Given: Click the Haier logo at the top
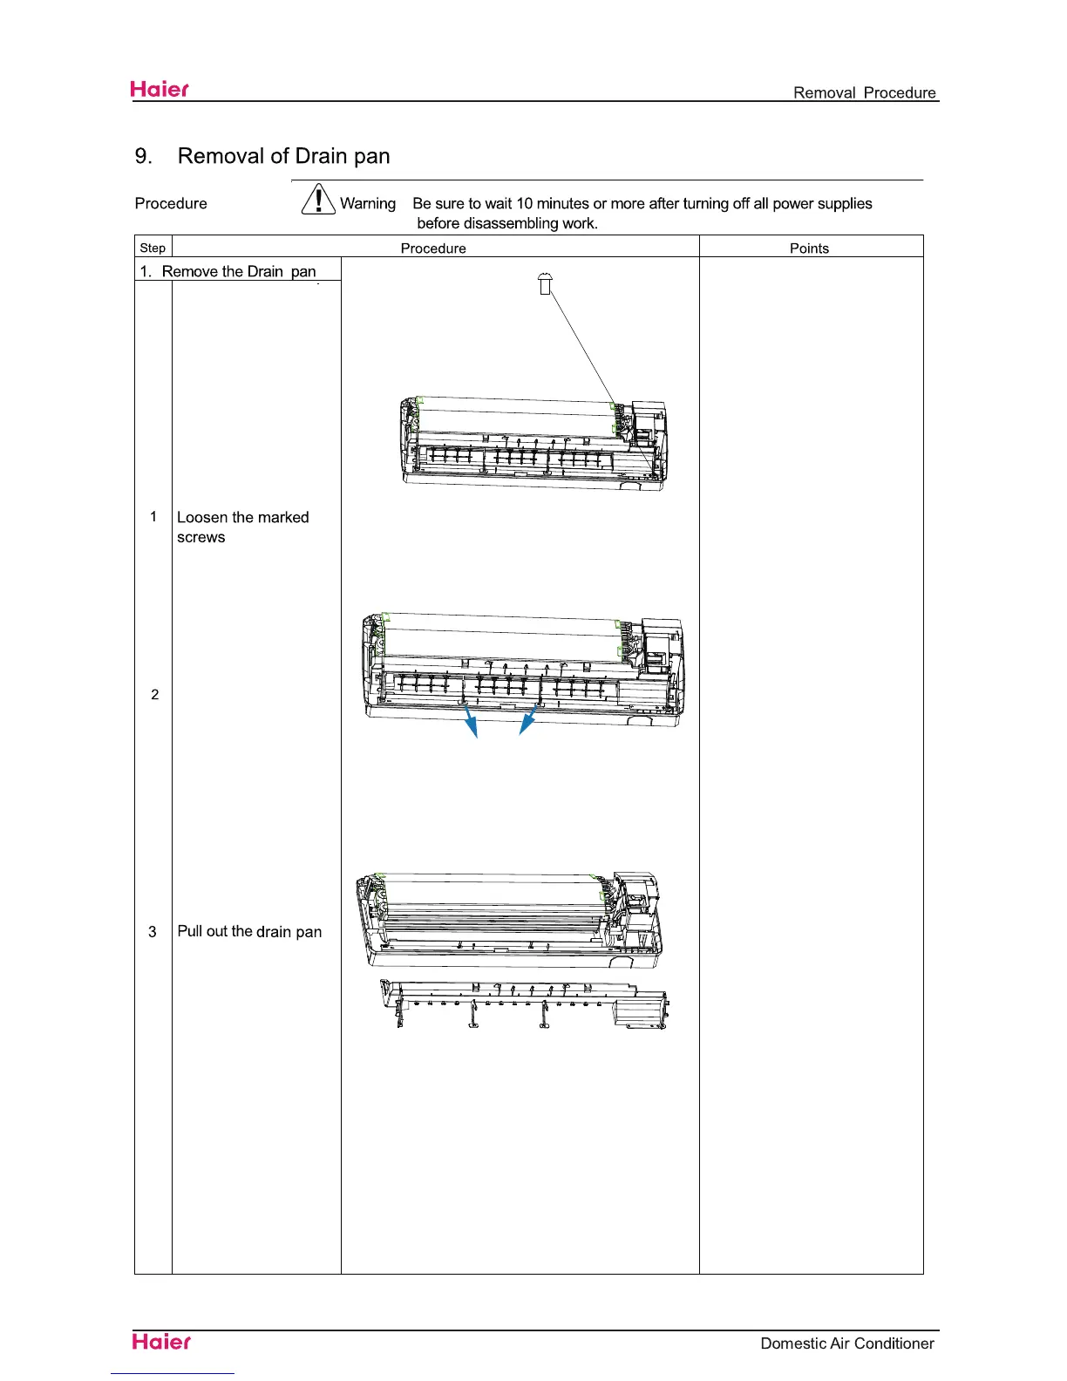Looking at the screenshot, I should (x=160, y=89).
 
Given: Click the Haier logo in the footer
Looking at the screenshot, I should (x=161, y=1342).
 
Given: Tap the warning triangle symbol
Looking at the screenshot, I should (x=319, y=200).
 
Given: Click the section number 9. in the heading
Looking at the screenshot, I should (x=144, y=156).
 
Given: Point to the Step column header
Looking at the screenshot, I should (x=153, y=248).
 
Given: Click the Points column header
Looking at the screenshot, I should (x=809, y=248).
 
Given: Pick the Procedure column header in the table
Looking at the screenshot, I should (x=433, y=248).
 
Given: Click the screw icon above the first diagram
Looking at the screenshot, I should (x=546, y=283).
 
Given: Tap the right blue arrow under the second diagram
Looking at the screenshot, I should (x=526, y=722).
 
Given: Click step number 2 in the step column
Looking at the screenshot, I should (x=155, y=695).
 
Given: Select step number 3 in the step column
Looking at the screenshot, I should (x=153, y=932).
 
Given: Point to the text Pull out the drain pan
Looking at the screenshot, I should (x=249, y=931).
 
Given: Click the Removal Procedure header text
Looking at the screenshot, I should (x=864, y=92).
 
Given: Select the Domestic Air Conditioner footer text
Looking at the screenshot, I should (x=846, y=1344).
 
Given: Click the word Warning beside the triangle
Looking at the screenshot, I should (x=368, y=203).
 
